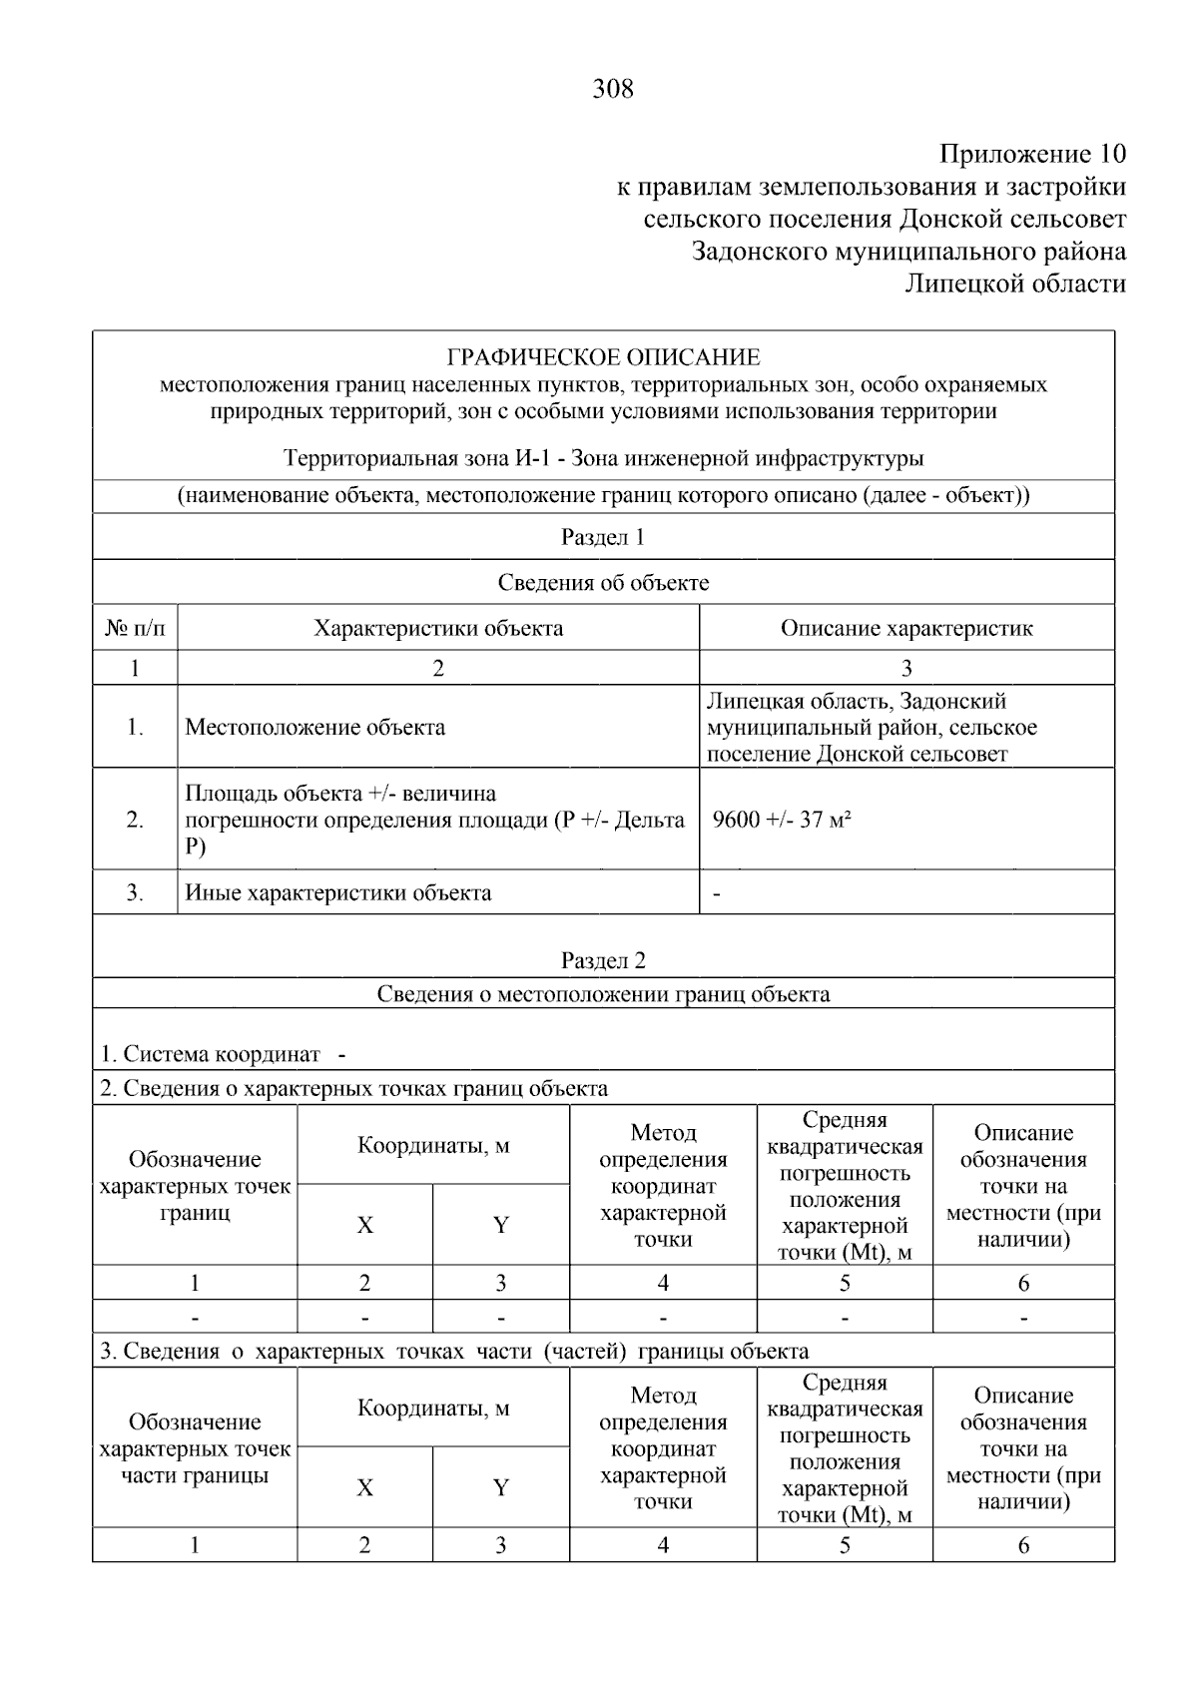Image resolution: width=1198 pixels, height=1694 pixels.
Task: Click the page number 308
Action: coord(613,90)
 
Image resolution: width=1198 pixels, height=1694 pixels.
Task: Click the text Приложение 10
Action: coord(1032,155)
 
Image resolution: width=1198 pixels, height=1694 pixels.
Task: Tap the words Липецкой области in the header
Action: coord(1014,284)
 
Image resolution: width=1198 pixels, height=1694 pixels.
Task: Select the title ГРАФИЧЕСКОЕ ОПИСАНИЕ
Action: coord(603,357)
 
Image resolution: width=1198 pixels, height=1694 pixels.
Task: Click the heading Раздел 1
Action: coord(603,537)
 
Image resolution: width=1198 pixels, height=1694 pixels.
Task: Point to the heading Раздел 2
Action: coord(603,960)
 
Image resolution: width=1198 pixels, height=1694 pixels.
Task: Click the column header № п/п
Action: coord(135,628)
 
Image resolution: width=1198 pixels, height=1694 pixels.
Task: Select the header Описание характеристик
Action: coord(905,628)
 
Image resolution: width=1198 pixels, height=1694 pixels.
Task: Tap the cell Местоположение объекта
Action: coord(315,727)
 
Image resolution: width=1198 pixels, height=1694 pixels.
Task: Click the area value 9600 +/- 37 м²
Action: coord(782,821)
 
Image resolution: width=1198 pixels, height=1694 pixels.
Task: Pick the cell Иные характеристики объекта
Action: coord(338,892)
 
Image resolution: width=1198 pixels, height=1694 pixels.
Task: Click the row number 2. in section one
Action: coord(135,821)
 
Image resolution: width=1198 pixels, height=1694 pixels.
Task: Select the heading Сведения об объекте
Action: coord(603,583)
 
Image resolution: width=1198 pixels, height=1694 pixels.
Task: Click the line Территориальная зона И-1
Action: coord(603,458)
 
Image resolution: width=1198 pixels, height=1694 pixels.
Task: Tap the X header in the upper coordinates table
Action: coord(365,1225)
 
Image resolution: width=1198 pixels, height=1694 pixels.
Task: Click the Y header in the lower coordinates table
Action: coord(501,1487)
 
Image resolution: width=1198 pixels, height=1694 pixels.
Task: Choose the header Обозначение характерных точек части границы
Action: coord(195,1448)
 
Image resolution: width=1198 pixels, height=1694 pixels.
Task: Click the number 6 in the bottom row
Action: coord(1023,1545)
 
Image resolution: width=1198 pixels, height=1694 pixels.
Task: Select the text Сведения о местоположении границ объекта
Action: coord(603,994)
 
